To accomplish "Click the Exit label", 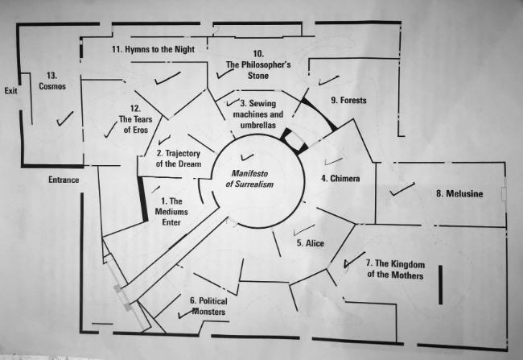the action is pyautogui.click(x=10, y=90).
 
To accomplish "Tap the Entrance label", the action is pyautogui.click(x=64, y=180).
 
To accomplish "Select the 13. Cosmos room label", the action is pyautogui.click(x=52, y=81).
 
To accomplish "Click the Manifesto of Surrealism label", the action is pyautogui.click(x=249, y=179).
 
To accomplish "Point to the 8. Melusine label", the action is pyautogui.click(x=459, y=194).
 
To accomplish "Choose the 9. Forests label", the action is pyautogui.click(x=348, y=100).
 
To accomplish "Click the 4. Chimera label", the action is pyautogui.click(x=340, y=178).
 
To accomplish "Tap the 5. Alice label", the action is pyautogui.click(x=311, y=243).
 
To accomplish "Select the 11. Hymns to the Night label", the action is pyautogui.click(x=153, y=49).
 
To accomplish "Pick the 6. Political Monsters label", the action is pyautogui.click(x=208, y=306).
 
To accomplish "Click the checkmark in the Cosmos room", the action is pyautogui.click(x=64, y=118).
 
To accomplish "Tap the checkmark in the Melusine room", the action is pyautogui.click(x=402, y=189).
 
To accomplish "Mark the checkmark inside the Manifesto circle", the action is pyautogui.click(x=247, y=156).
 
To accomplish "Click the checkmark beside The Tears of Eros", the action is pyautogui.click(x=110, y=130).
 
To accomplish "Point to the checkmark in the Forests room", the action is pyautogui.click(x=328, y=81).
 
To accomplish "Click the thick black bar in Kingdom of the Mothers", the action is pyautogui.click(x=441, y=285).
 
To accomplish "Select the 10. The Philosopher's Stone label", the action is pyautogui.click(x=258, y=64).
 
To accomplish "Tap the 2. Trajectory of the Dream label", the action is pyautogui.click(x=179, y=159).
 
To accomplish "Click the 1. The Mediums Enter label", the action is pyautogui.click(x=171, y=212).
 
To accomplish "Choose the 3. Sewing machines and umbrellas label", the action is pyautogui.click(x=258, y=114).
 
